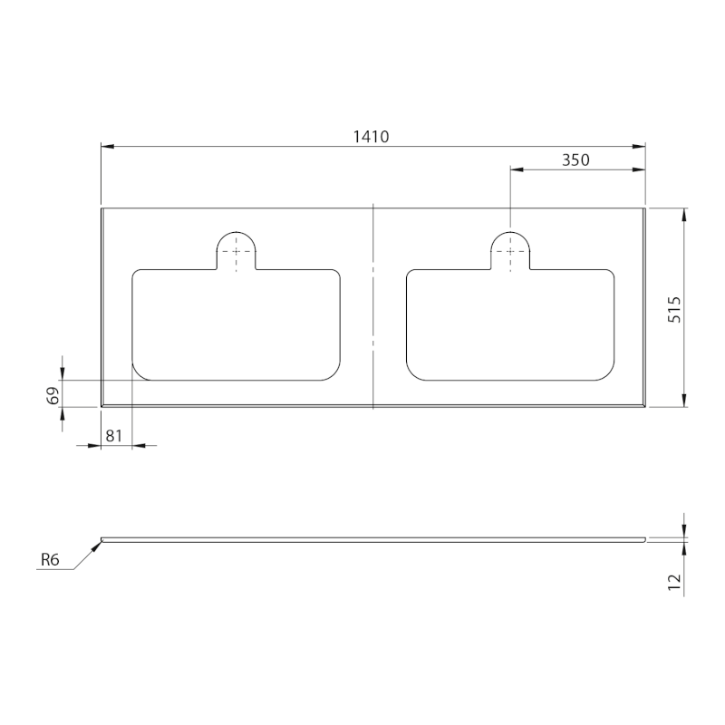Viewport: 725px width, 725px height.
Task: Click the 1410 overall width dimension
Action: click(372, 137)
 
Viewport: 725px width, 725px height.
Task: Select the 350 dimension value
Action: click(575, 160)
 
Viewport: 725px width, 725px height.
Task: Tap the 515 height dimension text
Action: click(674, 309)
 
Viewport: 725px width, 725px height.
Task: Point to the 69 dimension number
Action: click(53, 395)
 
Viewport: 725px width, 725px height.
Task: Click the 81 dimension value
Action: click(114, 436)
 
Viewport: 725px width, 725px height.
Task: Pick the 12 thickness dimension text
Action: click(674, 582)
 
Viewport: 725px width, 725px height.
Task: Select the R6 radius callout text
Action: click(50, 560)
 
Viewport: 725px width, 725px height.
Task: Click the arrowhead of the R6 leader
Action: click(98, 546)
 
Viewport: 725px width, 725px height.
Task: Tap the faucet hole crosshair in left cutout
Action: click(237, 252)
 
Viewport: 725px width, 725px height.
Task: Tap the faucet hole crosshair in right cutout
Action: click(510, 252)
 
